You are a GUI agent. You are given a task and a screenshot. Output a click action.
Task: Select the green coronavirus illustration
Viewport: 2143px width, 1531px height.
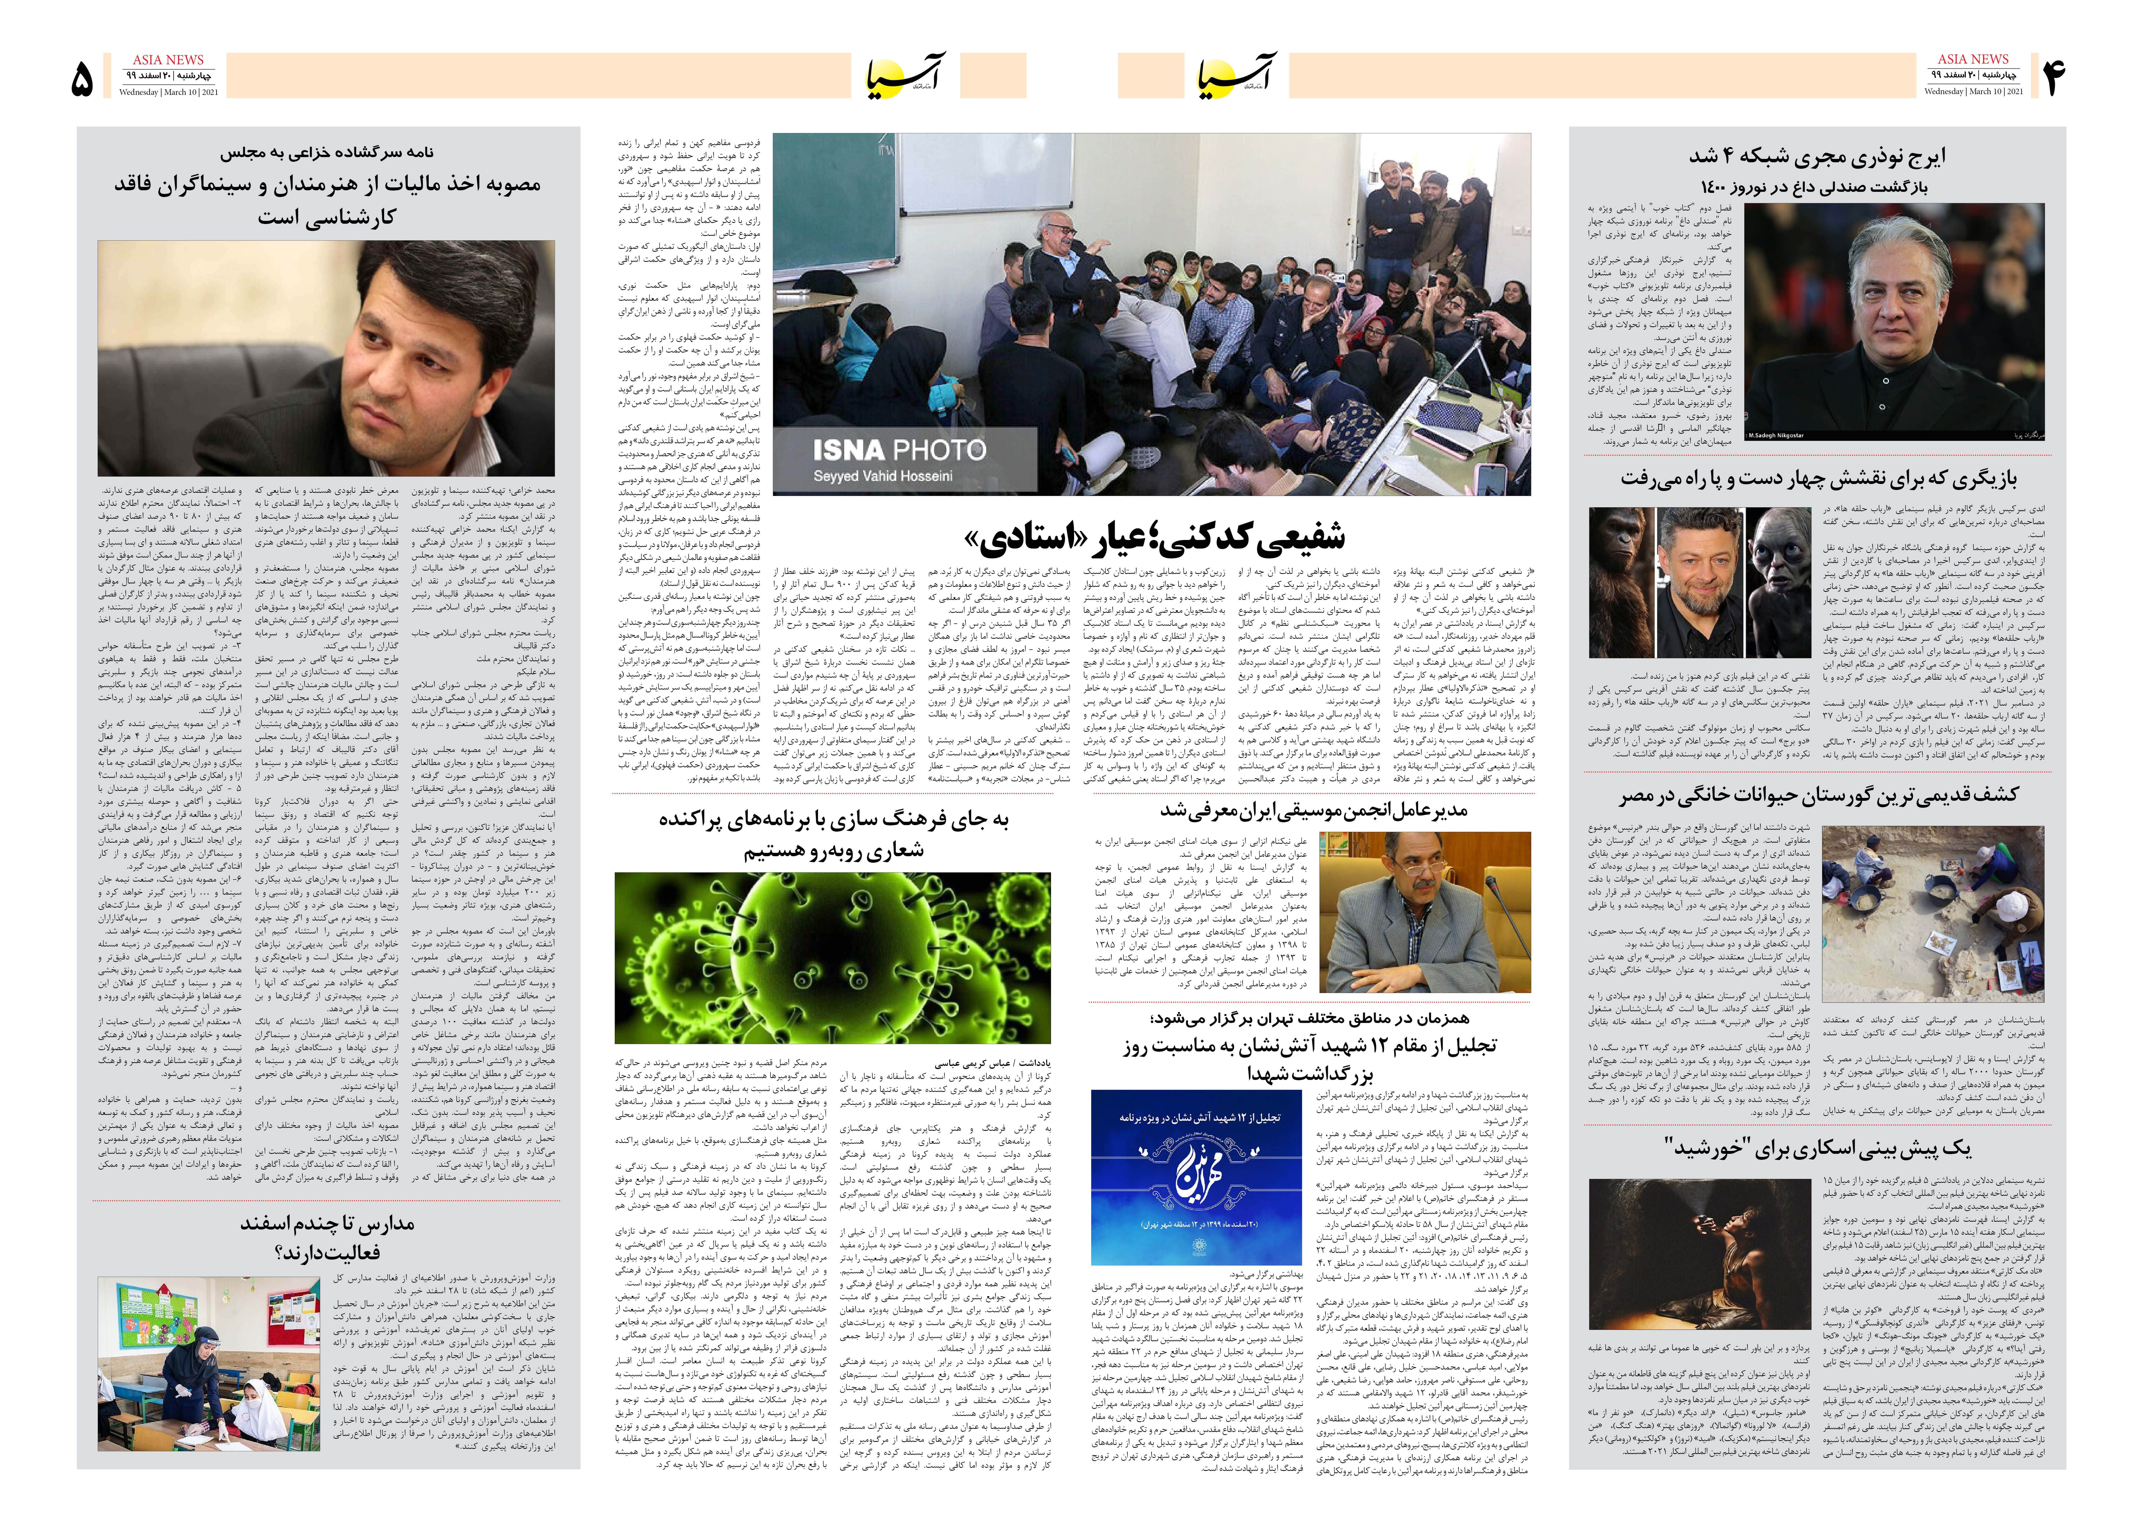(x=832, y=957)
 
